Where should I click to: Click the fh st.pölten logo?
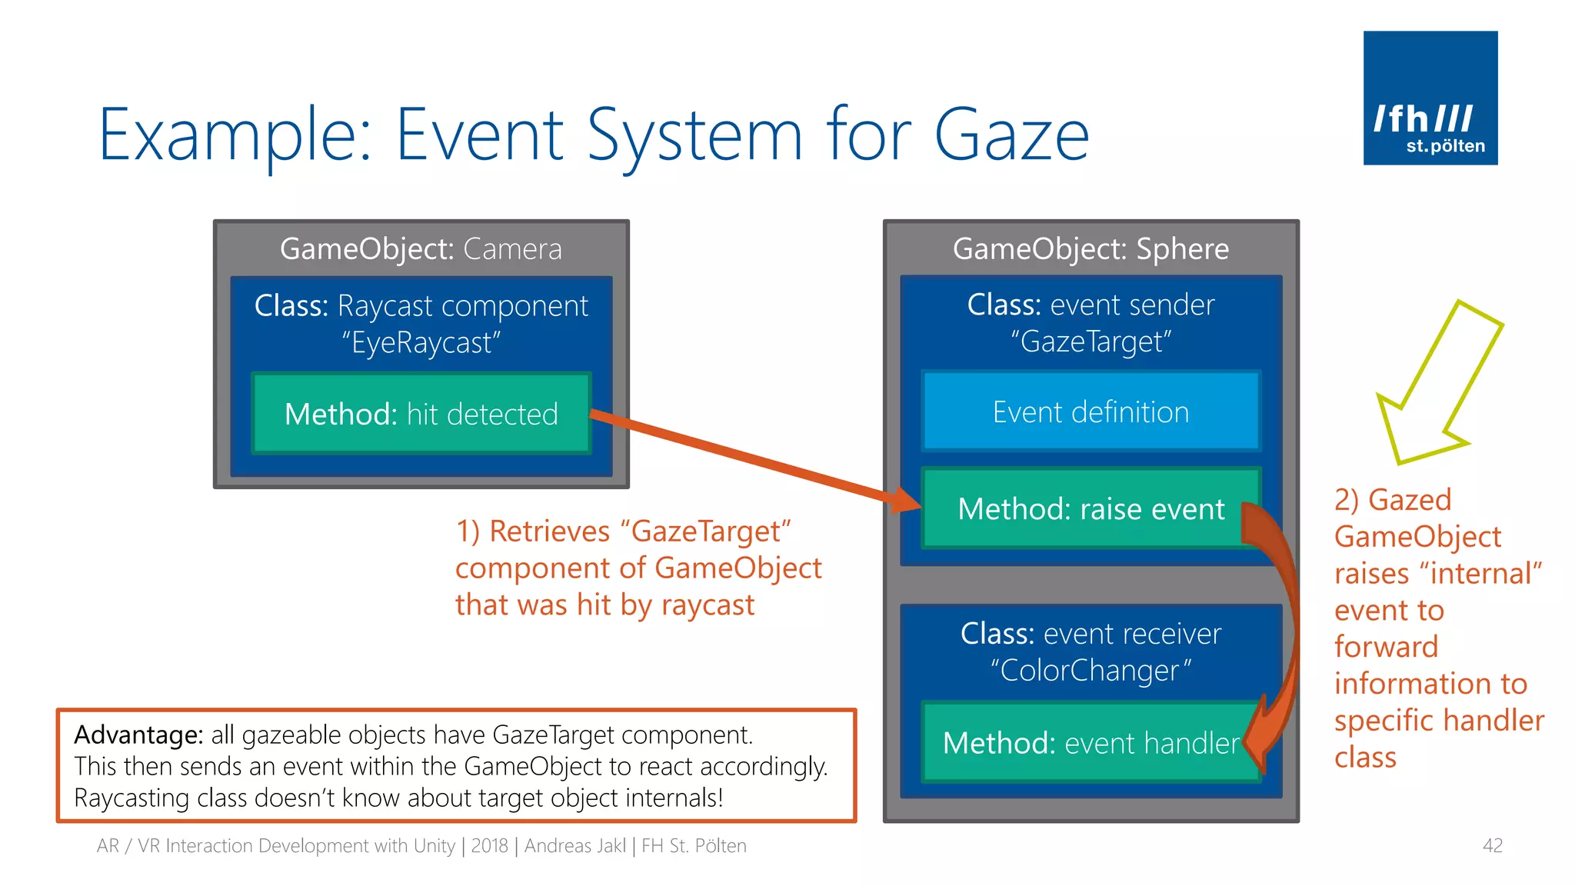1430,98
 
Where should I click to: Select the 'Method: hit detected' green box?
421,414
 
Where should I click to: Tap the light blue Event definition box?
1090,412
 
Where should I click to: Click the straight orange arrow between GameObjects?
754,460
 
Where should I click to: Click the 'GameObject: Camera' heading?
421,249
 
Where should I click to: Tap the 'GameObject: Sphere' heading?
1091,249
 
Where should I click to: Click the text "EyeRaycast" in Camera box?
421,343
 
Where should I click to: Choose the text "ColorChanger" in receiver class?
1090,671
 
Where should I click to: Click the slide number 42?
1492,846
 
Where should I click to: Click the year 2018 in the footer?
489,846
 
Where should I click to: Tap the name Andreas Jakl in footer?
575,846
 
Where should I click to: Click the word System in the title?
695,135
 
